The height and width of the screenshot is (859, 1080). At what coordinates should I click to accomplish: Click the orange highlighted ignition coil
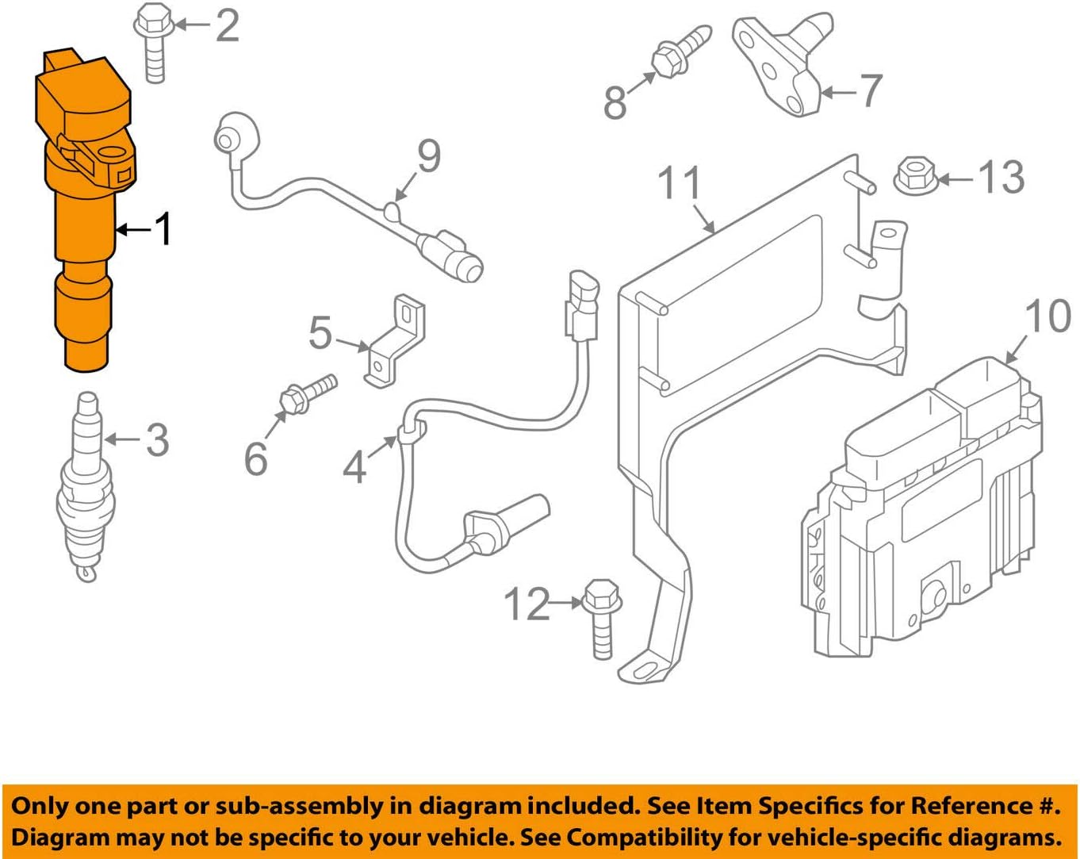83,214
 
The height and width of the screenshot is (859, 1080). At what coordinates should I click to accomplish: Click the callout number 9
428,156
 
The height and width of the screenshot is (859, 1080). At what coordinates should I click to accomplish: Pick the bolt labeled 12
600,623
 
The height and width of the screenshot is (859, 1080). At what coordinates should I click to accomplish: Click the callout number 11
680,183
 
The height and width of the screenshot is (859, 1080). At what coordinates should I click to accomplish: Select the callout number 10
1047,316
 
